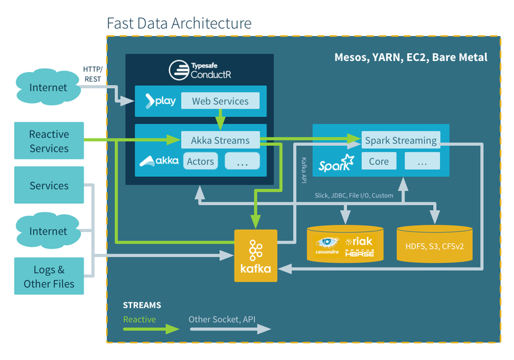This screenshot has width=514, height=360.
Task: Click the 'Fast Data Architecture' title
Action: (179, 24)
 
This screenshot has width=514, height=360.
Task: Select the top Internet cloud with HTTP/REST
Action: (48, 87)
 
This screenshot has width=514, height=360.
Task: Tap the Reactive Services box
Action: (49, 141)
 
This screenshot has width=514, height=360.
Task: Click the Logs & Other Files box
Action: (49, 276)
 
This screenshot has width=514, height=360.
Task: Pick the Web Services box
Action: (220, 101)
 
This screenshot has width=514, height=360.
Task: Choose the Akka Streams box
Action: (220, 139)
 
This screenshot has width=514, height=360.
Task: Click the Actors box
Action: (200, 161)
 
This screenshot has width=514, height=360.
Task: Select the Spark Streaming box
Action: (400, 140)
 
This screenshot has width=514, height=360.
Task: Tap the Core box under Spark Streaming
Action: (378, 161)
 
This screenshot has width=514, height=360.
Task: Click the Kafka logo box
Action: (256, 256)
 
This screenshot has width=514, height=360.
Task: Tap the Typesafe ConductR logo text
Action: (199, 70)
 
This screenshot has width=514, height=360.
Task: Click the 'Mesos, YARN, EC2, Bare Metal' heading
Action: (411, 57)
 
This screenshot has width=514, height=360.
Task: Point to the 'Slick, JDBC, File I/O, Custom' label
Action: (353, 195)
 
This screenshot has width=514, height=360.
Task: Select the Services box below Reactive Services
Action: (49, 186)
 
